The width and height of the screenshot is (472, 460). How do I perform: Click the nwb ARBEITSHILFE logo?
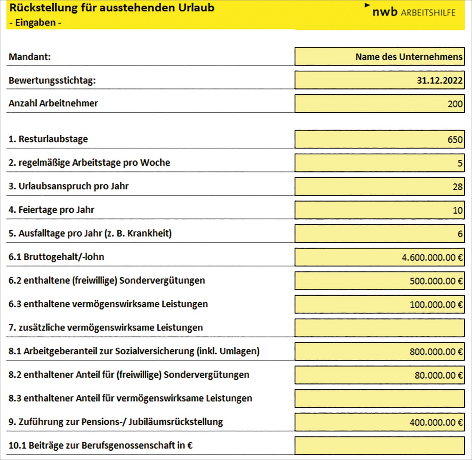coord(413,12)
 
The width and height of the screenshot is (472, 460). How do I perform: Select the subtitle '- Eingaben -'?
coord(35,22)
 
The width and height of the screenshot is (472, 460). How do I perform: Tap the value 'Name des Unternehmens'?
coord(409,57)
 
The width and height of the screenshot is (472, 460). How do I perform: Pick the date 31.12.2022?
coord(439,81)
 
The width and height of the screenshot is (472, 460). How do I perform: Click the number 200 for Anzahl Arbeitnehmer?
coord(455,104)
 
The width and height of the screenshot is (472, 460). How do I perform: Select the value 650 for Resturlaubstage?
coord(455,139)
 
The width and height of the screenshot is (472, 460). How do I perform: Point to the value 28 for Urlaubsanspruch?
coord(457,187)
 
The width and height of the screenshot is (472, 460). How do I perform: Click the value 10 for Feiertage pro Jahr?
coord(457,210)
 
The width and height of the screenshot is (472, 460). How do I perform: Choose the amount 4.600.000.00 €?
coord(432,258)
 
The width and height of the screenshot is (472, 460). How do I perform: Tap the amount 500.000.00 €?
coord(436,281)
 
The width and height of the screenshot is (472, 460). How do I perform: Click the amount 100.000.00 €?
coord(436,305)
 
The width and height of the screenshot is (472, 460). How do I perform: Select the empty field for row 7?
coord(379,328)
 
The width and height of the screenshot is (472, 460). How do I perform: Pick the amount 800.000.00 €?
coord(436,352)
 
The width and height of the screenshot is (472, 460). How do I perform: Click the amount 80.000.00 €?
coord(438,376)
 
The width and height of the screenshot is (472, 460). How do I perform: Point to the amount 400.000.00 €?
coord(436,423)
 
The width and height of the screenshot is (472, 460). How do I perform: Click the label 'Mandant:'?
coord(30,57)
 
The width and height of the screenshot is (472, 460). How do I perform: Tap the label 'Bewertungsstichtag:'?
coord(52,81)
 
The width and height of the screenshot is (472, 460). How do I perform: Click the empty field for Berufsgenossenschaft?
coord(379,445)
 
